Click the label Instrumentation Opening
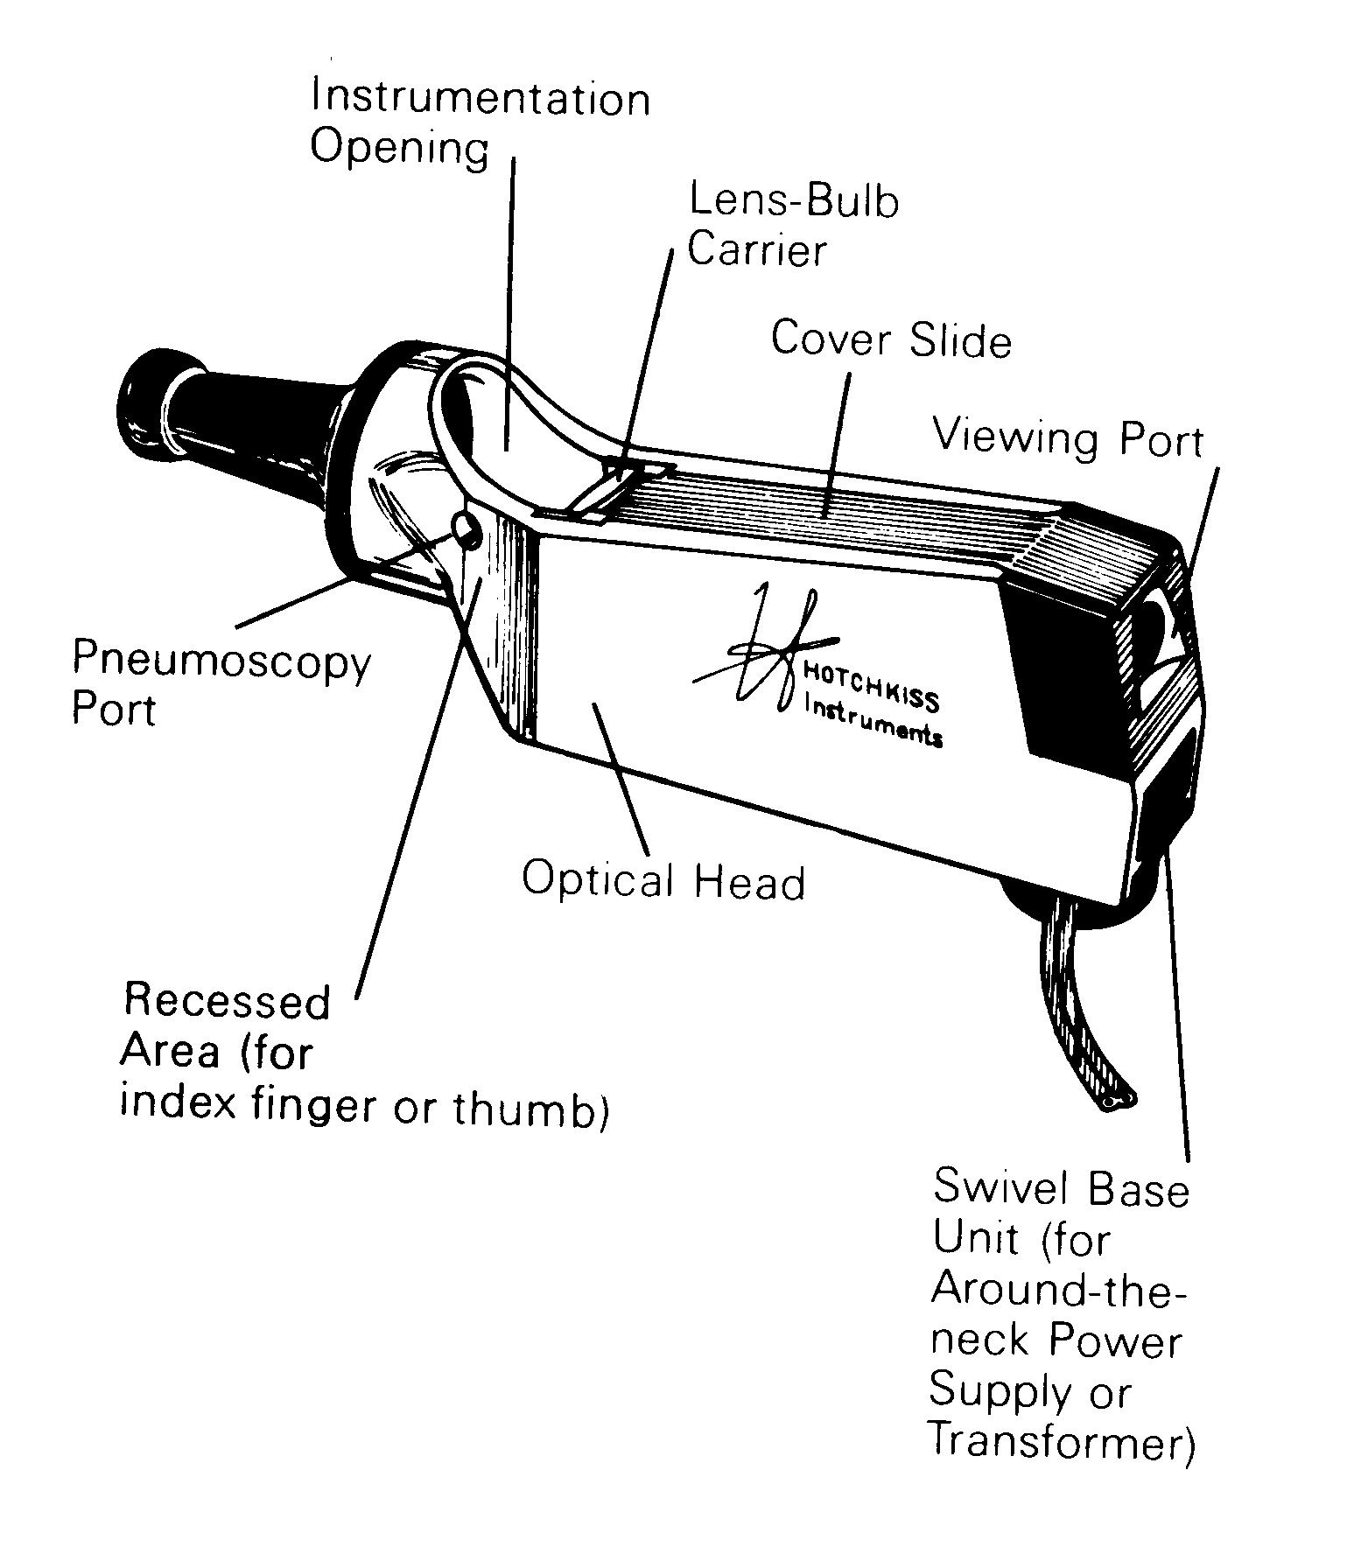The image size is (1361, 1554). [480, 122]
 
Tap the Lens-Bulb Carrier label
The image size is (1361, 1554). [792, 226]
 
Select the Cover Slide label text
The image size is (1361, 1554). [890, 339]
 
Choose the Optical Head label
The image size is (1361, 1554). [663, 880]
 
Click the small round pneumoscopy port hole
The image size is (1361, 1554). [466, 528]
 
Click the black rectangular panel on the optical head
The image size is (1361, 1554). [1063, 674]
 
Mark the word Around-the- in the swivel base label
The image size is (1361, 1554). [1057, 1290]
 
